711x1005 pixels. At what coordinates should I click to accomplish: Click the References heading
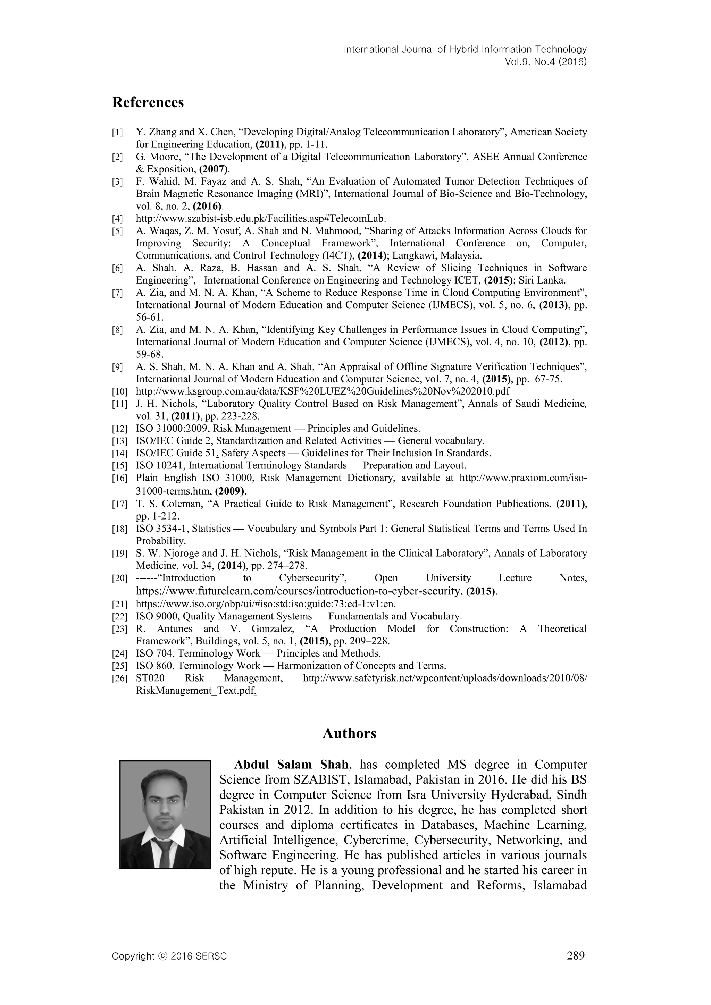pyautogui.click(x=148, y=102)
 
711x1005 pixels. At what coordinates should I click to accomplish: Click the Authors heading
pyautogui.click(x=349, y=733)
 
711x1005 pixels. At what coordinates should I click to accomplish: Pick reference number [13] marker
pyautogui.click(x=119, y=441)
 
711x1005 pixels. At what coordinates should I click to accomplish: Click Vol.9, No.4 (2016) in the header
pyautogui.click(x=545, y=62)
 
